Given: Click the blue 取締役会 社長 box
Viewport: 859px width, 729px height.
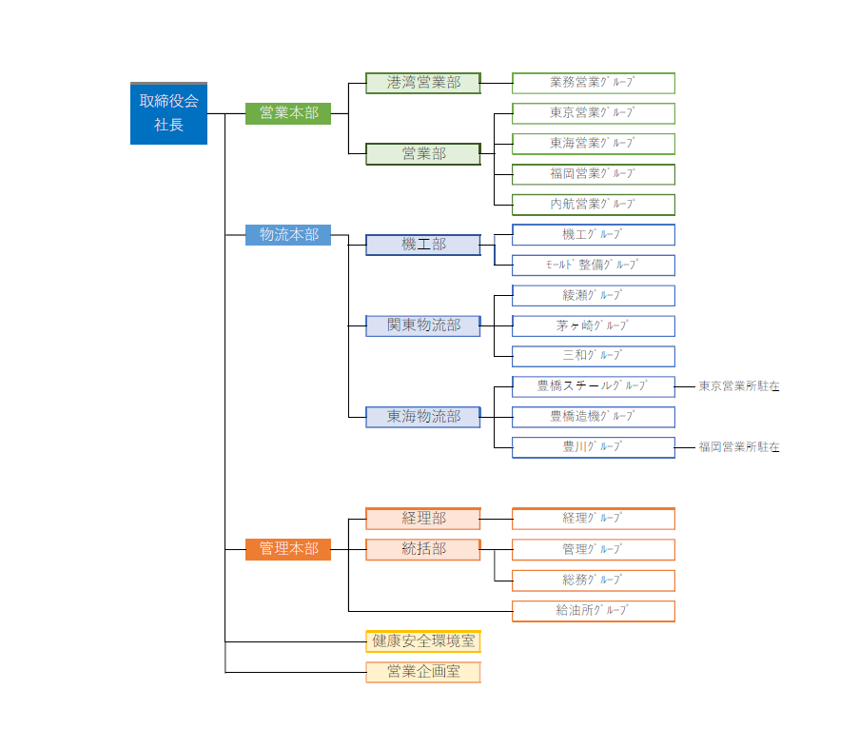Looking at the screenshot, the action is [168, 113].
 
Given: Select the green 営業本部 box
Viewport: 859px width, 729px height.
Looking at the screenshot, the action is [288, 113].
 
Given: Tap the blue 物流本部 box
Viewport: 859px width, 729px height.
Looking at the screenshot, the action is [288, 235].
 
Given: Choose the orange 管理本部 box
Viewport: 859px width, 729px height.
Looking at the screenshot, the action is [288, 549].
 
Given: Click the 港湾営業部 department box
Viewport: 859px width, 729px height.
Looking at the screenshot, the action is [423, 84].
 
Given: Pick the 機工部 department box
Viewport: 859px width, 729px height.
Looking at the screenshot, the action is [423, 245].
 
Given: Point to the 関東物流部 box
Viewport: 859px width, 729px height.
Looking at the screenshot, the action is [423, 326].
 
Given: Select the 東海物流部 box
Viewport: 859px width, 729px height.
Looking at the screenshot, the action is [423, 417].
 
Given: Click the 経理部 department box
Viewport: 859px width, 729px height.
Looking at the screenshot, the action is [423, 519].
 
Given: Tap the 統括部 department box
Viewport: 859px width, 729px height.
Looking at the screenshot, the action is [423, 549].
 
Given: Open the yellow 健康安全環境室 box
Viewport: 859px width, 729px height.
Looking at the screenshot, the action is [423, 641].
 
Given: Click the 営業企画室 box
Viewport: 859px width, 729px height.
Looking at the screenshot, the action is [423, 672].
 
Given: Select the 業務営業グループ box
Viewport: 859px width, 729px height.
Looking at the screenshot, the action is [594, 84].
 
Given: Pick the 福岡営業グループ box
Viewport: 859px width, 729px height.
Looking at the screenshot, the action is [594, 174].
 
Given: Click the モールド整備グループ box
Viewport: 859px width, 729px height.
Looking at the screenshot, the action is [594, 266].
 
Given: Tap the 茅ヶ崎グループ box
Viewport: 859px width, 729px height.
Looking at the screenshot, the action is [594, 326].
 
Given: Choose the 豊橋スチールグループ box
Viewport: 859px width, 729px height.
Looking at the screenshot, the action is [594, 386].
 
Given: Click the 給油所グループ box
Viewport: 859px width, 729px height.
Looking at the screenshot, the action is [594, 611].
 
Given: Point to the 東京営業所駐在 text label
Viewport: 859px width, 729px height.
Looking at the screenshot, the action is [739, 386].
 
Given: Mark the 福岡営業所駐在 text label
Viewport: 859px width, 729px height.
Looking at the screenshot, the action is [739, 447].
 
